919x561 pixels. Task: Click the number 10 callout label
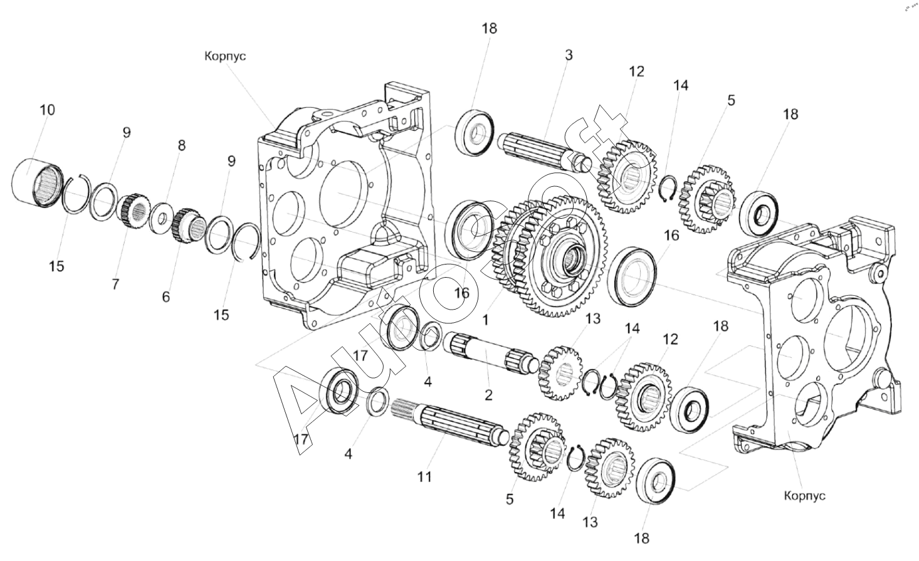click(x=47, y=110)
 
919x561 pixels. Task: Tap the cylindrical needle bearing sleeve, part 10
click(x=38, y=183)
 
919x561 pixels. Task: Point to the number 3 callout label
click(x=568, y=55)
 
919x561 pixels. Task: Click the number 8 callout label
click(x=182, y=145)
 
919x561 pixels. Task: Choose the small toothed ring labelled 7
click(x=134, y=212)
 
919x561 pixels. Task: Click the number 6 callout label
click(x=165, y=297)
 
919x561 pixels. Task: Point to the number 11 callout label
click(x=424, y=477)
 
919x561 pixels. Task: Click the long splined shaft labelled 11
click(x=449, y=423)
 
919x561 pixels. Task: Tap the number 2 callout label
click(x=488, y=396)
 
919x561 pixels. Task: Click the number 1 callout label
click(x=486, y=320)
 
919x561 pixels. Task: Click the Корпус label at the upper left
click(x=225, y=56)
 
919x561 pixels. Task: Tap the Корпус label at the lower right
click(x=804, y=496)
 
